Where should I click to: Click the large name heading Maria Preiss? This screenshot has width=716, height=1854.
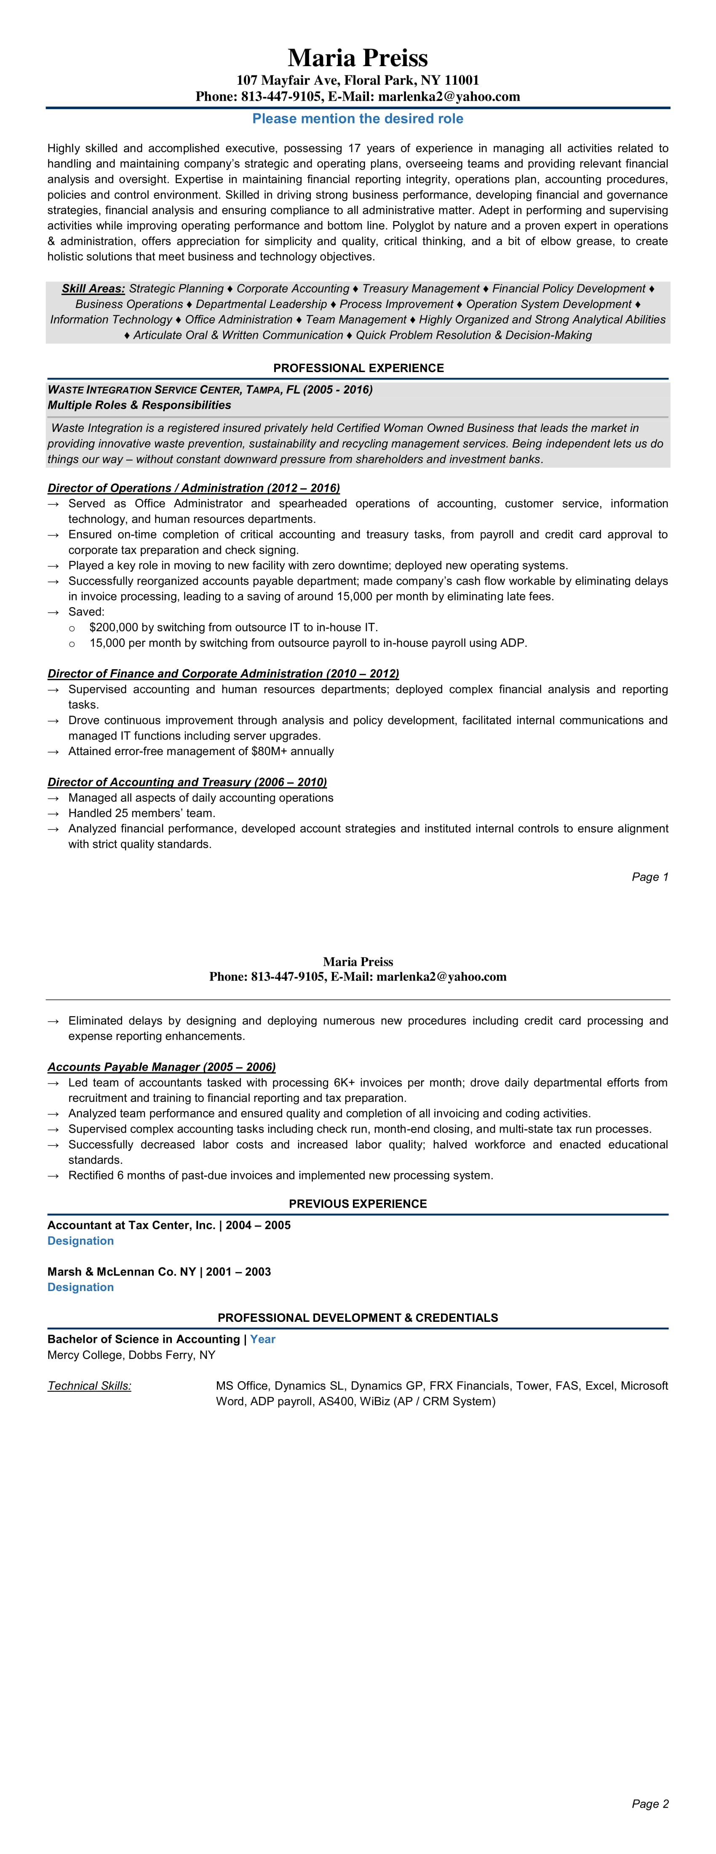(358, 58)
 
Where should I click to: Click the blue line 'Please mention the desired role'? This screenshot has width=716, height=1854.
(358, 119)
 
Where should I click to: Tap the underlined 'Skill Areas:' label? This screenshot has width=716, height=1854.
(93, 289)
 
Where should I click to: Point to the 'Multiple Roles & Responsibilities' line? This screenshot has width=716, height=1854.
(139, 405)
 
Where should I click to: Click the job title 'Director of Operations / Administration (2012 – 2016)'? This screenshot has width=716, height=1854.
(194, 488)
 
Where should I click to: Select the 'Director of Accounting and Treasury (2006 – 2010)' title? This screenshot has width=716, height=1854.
(187, 782)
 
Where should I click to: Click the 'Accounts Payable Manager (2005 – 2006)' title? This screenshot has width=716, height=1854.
(161, 1067)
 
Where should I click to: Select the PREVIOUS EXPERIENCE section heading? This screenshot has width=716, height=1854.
(358, 1203)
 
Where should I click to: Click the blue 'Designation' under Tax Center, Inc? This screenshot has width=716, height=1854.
(80, 1241)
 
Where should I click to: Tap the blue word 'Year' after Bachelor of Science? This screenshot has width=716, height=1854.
(263, 1340)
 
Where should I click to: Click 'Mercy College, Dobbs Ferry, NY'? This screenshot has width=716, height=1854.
(131, 1355)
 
